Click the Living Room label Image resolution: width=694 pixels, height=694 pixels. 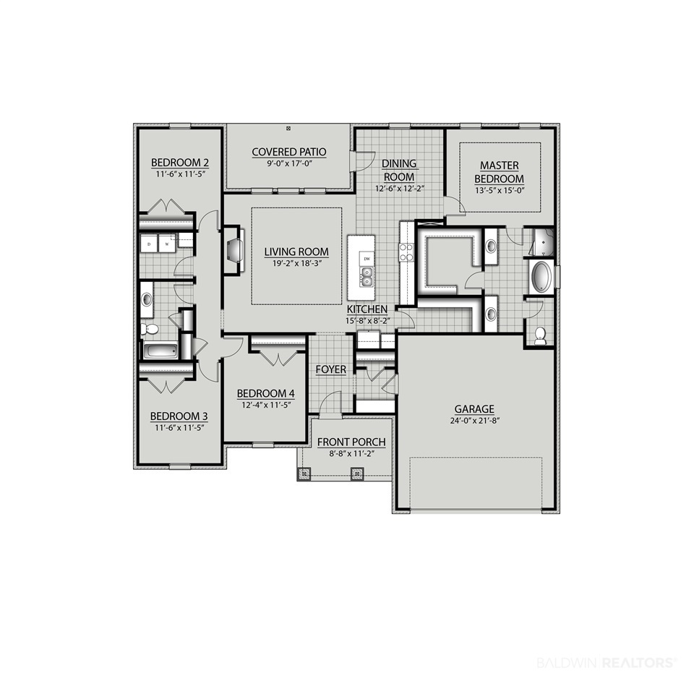pyautogui.click(x=296, y=252)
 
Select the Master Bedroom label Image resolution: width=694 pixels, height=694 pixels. pyautogui.click(x=500, y=172)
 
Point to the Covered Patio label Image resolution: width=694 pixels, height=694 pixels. pyautogui.click(x=289, y=152)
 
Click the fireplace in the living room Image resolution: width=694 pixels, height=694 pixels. pyautogui.click(x=234, y=251)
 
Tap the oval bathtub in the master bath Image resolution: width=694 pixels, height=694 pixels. pyautogui.click(x=541, y=278)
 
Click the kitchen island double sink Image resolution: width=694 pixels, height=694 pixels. pyautogui.click(x=367, y=278)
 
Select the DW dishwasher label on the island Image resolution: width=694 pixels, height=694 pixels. pyautogui.click(x=367, y=259)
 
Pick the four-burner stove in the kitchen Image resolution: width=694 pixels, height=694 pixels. pyautogui.click(x=406, y=252)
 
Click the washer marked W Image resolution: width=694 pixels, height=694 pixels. pyautogui.click(x=167, y=244)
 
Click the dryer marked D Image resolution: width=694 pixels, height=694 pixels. pyautogui.click(x=149, y=244)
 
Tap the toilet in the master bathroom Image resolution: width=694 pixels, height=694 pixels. pyautogui.click(x=540, y=336)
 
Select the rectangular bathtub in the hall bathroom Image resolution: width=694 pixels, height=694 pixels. pyautogui.click(x=160, y=351)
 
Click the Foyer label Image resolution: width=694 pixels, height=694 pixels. pyautogui.click(x=331, y=369)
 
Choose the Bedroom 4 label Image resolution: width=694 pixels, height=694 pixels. pyautogui.click(x=266, y=393)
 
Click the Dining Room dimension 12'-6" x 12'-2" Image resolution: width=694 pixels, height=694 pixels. pyautogui.click(x=400, y=189)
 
